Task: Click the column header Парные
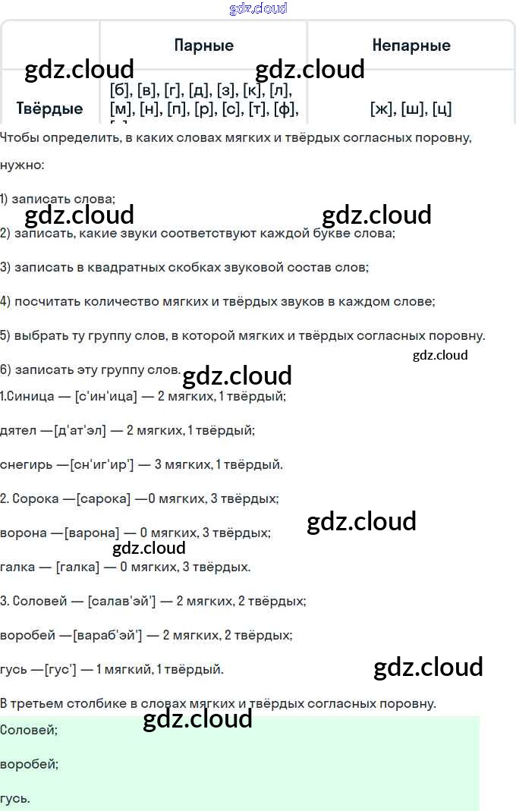[203, 46]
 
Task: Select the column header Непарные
[411, 46]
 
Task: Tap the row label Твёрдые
[50, 108]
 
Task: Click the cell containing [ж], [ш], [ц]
[411, 109]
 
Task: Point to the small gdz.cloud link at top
[258, 9]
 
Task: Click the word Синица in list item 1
[33, 396]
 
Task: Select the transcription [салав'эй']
[121, 601]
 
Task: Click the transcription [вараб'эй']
[107, 635]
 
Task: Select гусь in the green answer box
[15, 798]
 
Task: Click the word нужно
[21, 165]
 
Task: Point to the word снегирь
[25, 464]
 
